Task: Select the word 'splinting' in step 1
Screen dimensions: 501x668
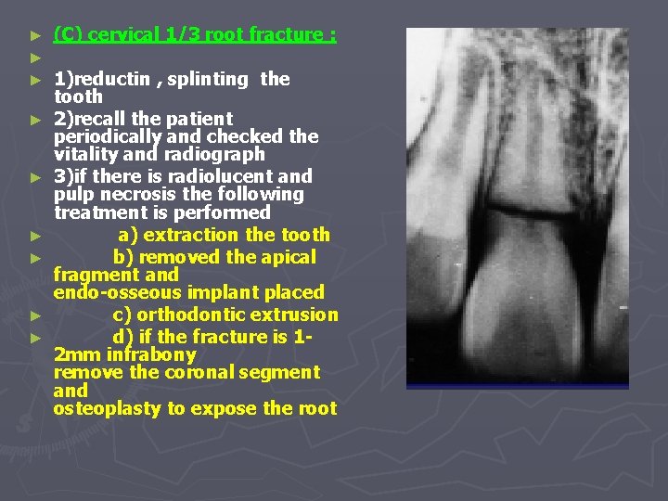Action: pyautogui.click(x=208, y=79)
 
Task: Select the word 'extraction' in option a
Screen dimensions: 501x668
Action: pyautogui.click(x=189, y=235)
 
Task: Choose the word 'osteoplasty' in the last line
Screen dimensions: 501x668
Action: pyautogui.click(x=106, y=409)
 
